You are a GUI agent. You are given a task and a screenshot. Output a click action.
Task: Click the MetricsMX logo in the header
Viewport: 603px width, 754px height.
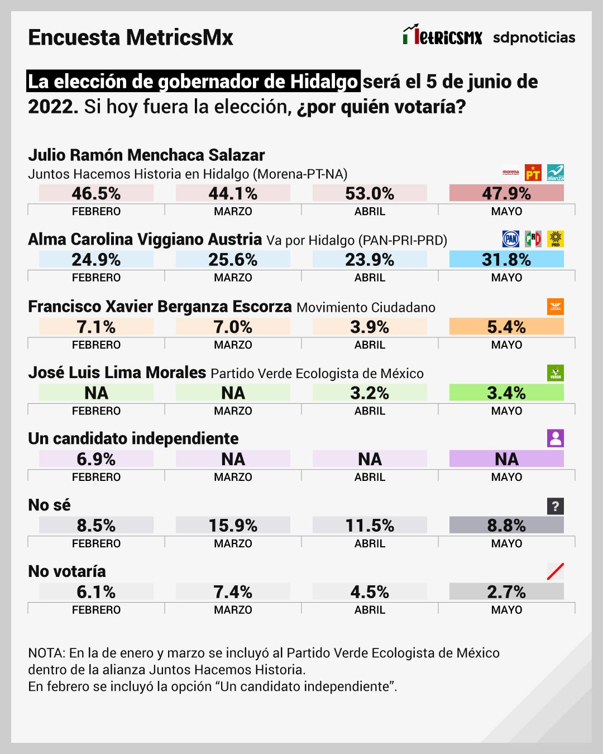[442, 36]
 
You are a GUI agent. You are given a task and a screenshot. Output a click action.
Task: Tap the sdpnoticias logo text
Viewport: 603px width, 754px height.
[534, 37]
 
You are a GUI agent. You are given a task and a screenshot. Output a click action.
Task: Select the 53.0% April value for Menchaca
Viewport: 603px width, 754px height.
[370, 193]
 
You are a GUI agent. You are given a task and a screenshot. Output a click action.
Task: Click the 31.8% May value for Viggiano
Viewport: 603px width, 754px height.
[506, 259]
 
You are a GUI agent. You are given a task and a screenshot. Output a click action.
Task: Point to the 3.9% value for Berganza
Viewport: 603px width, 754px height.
[370, 327]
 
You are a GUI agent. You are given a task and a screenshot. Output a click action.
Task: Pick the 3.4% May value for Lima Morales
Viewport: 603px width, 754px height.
[506, 393]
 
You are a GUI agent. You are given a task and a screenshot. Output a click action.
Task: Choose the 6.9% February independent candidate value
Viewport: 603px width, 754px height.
[96, 459]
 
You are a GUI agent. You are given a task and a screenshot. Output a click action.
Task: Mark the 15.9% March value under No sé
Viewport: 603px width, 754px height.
[233, 525]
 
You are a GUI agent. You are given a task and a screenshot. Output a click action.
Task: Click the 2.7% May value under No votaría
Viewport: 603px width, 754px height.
[506, 591]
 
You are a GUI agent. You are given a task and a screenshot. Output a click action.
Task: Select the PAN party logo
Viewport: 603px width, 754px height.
[511, 238]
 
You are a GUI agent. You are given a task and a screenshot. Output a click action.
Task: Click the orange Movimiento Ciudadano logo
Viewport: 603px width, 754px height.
[556, 306]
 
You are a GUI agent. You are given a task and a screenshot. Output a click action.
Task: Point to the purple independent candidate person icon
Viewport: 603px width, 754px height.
[556, 438]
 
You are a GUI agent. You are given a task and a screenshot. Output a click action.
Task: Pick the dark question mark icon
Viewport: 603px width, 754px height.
[556, 506]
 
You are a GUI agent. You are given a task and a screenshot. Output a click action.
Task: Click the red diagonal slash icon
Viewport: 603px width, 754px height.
[556, 571]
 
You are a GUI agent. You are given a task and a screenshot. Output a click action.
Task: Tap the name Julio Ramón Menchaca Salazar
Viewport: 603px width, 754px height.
[146, 155]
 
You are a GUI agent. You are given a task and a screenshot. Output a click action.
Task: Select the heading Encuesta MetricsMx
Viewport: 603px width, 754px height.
[131, 37]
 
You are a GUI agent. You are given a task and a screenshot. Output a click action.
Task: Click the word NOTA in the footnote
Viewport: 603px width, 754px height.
[46, 653]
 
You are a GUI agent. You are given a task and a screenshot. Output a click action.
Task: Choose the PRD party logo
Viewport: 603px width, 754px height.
[556, 238]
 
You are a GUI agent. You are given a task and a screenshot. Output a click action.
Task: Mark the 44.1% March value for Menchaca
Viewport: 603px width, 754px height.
[233, 193]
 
